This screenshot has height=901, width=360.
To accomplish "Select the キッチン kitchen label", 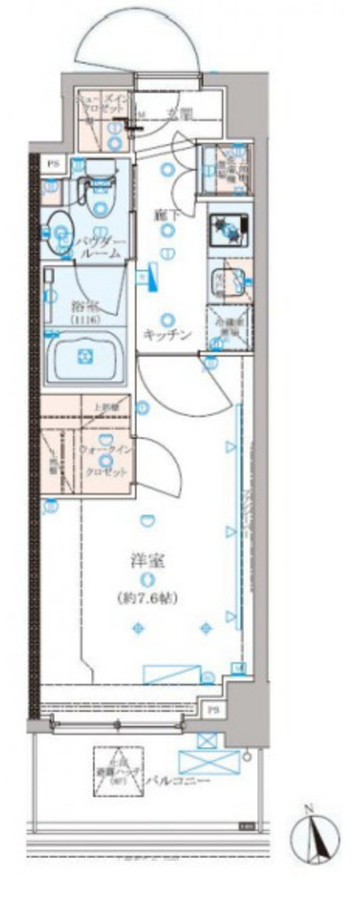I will click(x=166, y=333).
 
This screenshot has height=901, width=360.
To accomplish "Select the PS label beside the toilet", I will click(x=54, y=163).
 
